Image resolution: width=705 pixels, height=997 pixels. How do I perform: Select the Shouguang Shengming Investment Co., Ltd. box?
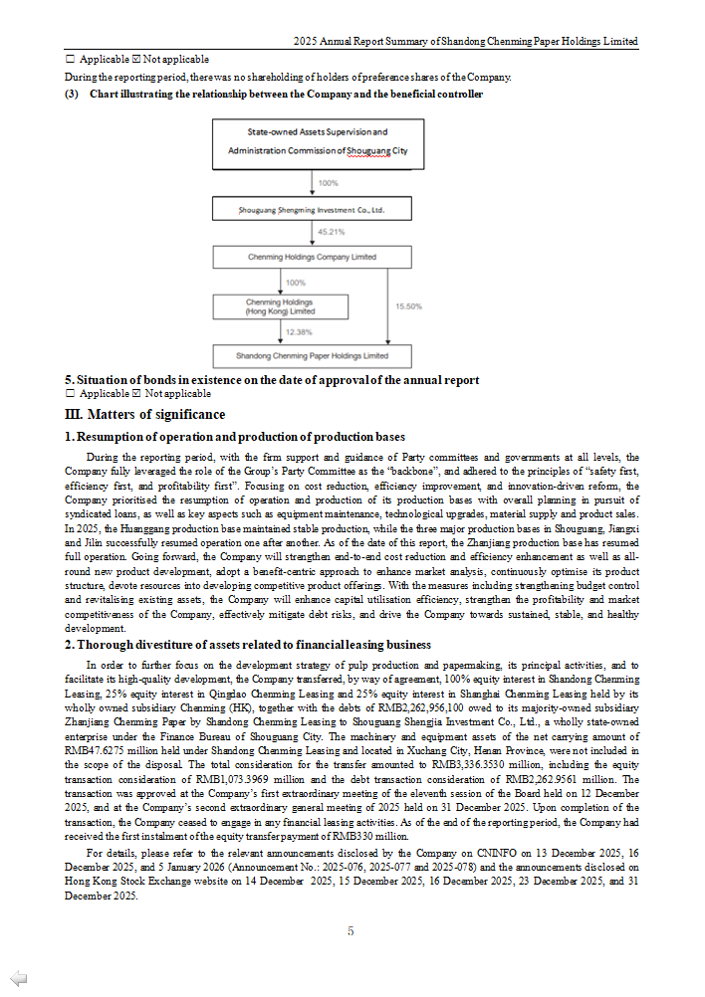312,210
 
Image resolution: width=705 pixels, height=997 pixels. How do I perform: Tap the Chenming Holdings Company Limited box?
312,257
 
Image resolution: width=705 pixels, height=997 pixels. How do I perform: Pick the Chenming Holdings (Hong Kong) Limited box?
280,306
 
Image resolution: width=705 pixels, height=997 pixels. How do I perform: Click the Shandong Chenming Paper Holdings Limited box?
312,355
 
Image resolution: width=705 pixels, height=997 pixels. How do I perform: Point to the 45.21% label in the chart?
332,232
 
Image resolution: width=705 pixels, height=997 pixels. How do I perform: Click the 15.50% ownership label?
409,306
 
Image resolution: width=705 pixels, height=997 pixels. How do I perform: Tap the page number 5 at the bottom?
351,931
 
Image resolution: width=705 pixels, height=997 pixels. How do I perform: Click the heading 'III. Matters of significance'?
145,415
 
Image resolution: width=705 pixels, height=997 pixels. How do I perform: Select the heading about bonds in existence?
272,380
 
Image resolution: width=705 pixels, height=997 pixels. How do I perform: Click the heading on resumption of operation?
235,437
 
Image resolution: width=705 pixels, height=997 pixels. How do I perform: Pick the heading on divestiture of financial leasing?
248,645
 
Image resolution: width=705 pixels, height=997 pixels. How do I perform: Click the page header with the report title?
466,42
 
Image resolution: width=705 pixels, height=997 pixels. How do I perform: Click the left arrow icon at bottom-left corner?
18,978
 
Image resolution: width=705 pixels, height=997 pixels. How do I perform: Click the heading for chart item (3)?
274,95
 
